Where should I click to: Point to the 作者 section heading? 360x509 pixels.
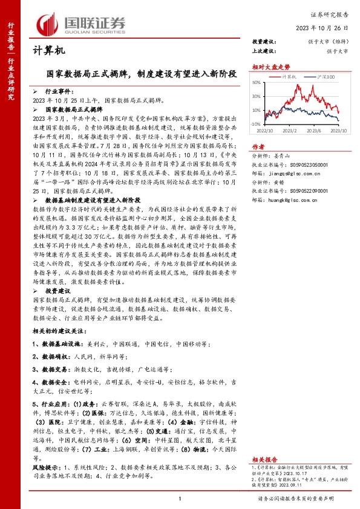click(258, 146)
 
